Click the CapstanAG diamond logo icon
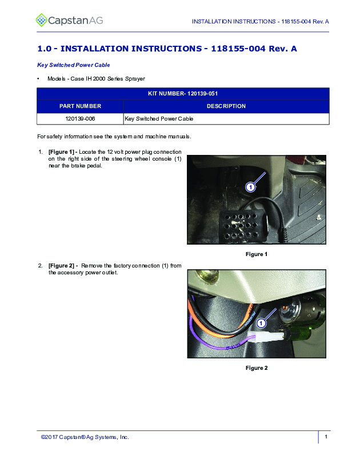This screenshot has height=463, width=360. (x=41, y=20)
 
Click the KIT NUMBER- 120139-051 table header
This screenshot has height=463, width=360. (x=183, y=94)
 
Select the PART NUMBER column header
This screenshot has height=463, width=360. (x=80, y=106)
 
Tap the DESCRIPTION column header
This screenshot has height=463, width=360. (x=226, y=106)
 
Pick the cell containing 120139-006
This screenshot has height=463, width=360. (x=80, y=119)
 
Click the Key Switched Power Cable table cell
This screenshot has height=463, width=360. (x=226, y=119)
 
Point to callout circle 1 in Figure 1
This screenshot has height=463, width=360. (x=250, y=187)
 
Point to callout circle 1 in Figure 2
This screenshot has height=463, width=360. (x=261, y=324)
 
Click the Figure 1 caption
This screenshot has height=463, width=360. (x=257, y=254)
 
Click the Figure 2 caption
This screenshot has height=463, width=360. (x=257, y=368)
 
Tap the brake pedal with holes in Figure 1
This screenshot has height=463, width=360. (x=242, y=226)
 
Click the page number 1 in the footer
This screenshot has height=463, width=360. (x=326, y=437)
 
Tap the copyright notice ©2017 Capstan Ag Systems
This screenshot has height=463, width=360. (x=85, y=437)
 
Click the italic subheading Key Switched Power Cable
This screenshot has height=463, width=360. (x=74, y=65)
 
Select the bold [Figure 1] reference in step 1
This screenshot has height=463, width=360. (x=61, y=152)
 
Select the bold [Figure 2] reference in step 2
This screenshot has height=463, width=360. (x=61, y=266)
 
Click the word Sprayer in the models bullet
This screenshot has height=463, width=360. (x=135, y=79)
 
